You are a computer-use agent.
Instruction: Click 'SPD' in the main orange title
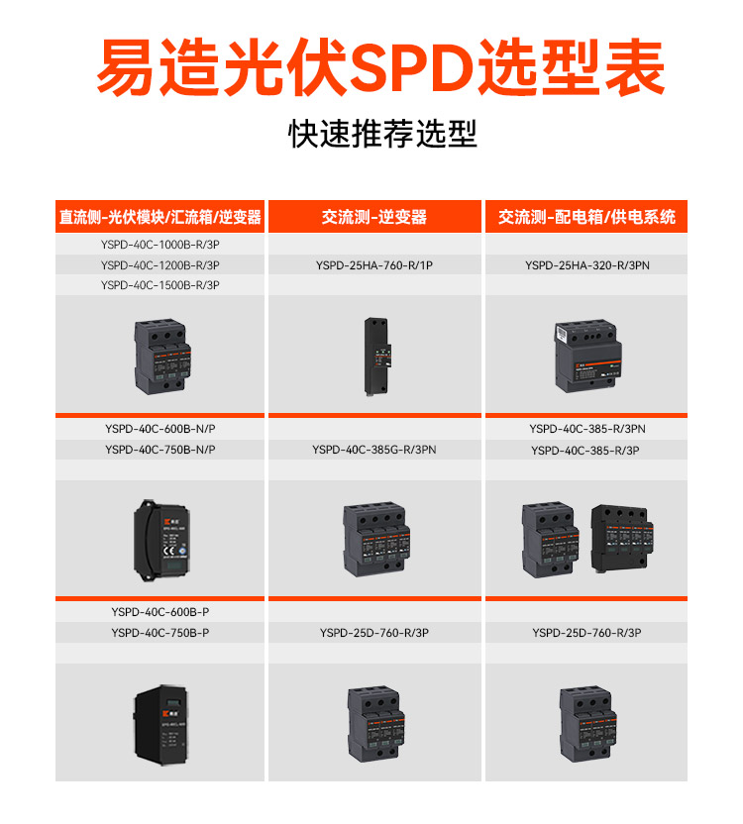(415, 67)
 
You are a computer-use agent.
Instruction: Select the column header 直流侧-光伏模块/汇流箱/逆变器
(159, 217)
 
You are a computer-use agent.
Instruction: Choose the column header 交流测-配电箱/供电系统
(587, 217)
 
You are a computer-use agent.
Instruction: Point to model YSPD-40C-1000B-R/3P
(159, 244)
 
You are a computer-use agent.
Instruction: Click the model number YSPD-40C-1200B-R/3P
(159, 264)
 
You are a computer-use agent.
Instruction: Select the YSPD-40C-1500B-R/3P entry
(159, 285)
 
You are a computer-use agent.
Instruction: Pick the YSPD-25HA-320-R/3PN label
(587, 264)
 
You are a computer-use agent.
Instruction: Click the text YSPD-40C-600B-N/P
(159, 429)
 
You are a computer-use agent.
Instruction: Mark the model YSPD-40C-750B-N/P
(159, 450)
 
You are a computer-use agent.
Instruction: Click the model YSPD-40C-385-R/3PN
(587, 429)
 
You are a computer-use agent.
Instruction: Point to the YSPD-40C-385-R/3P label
(587, 451)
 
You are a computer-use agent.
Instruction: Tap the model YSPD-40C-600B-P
(159, 612)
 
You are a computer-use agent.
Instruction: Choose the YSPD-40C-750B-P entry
(159, 633)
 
